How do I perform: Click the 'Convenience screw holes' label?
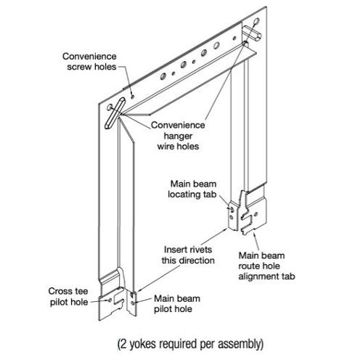pos(89,62)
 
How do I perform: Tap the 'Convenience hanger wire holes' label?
pos(178,136)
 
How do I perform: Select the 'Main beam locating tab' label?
pos(192,189)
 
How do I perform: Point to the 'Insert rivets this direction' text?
pos(188,255)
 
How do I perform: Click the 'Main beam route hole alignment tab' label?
pos(266,266)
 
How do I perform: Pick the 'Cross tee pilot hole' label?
pos(68,297)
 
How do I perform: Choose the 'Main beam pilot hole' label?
pos(177,303)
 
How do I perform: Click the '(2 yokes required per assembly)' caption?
pos(190,344)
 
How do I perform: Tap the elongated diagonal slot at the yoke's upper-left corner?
pos(115,113)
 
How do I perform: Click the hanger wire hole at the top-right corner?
pos(256,22)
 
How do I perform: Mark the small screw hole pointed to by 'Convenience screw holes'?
pos(132,97)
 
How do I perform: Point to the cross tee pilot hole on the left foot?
pos(110,300)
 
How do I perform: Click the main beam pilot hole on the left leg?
pos(132,303)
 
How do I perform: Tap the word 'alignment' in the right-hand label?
pos(258,277)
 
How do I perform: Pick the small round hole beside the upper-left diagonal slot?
pos(110,107)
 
